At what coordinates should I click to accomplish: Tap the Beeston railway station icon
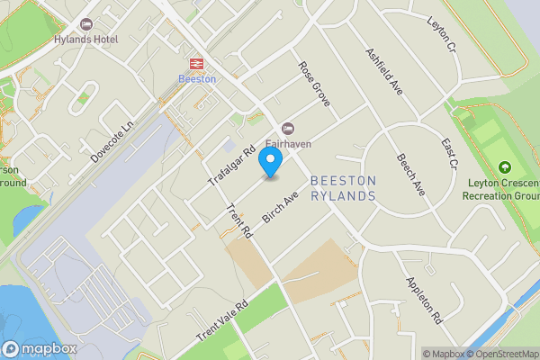(x=195, y=63)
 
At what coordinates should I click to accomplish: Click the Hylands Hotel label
(x=85, y=40)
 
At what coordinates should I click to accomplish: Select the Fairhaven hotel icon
(x=288, y=128)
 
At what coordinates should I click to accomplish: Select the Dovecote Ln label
(x=112, y=142)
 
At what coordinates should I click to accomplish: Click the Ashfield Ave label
(x=383, y=71)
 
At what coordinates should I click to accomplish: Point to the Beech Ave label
(x=411, y=175)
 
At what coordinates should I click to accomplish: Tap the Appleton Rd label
(x=424, y=300)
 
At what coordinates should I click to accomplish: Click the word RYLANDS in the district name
(x=343, y=195)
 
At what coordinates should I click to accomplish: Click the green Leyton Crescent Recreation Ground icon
(x=503, y=168)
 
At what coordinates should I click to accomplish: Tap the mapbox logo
(x=40, y=348)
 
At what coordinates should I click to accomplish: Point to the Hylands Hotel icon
(x=86, y=23)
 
